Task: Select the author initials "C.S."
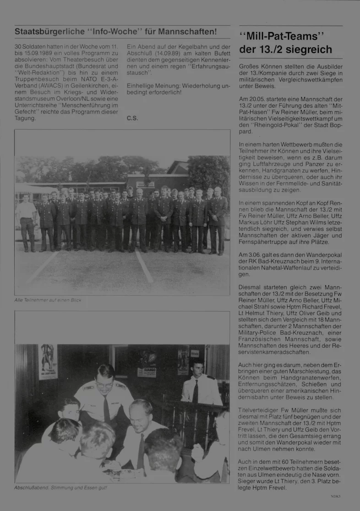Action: (x=132, y=118)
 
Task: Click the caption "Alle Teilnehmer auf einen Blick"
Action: (x=48, y=300)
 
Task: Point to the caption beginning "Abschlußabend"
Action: (x=60, y=488)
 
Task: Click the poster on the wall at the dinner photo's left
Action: (x=48, y=362)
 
